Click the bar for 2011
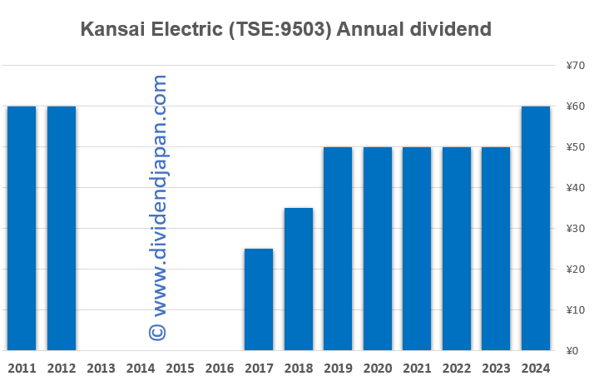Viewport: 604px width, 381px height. click(22, 228)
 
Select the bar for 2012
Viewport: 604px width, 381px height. click(62, 228)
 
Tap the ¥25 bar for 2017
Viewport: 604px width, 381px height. click(259, 299)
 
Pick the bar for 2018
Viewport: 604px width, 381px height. click(298, 279)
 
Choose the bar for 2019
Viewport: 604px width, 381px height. click(338, 249)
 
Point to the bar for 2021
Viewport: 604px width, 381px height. click(417, 249)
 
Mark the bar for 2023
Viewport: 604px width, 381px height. click(496, 249)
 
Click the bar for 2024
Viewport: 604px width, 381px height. click(535, 228)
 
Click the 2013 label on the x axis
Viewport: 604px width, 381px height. click(101, 367)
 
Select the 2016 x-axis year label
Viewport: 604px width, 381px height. click(219, 367)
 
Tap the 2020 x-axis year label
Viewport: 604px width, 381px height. click(377, 367)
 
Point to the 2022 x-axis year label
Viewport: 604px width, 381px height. click(456, 367)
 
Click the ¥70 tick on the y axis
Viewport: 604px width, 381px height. click(576, 66)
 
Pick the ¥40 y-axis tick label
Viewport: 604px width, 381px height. click(576, 188)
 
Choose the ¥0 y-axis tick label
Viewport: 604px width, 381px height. click(573, 350)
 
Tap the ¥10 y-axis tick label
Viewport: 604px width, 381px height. click(576, 310)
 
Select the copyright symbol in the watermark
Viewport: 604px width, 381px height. click(158, 331)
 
